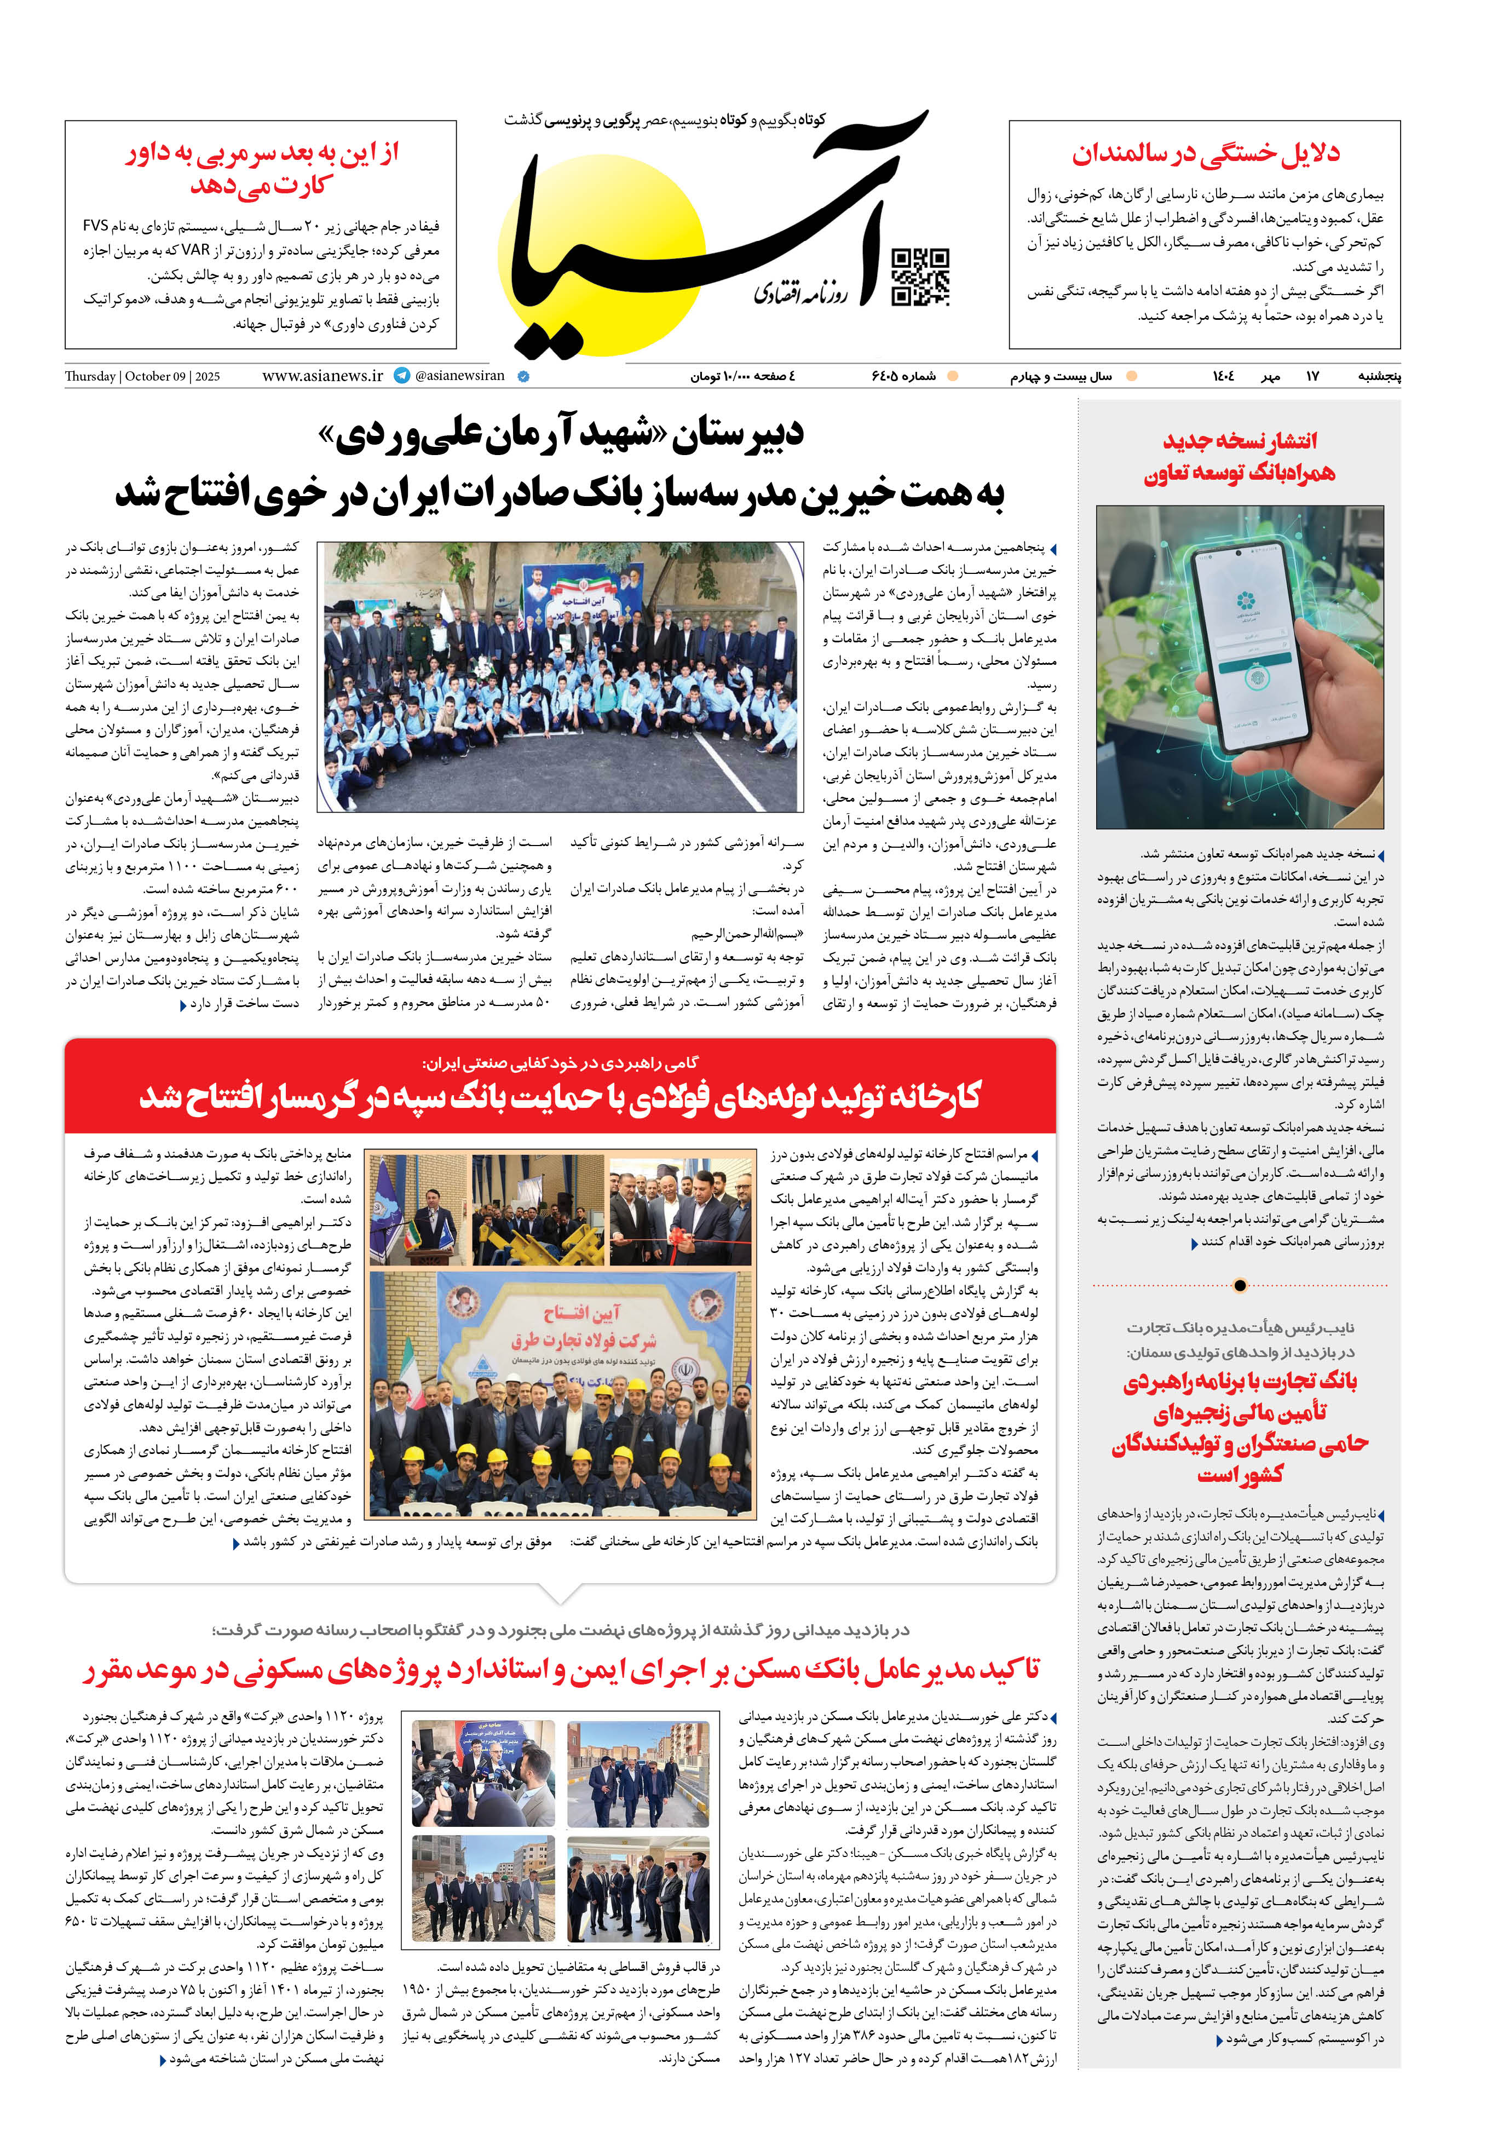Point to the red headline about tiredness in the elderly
pyautogui.click(x=1206, y=154)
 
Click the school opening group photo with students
pyautogui.click(x=561, y=676)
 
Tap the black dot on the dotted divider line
pyautogui.click(x=1240, y=1285)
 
